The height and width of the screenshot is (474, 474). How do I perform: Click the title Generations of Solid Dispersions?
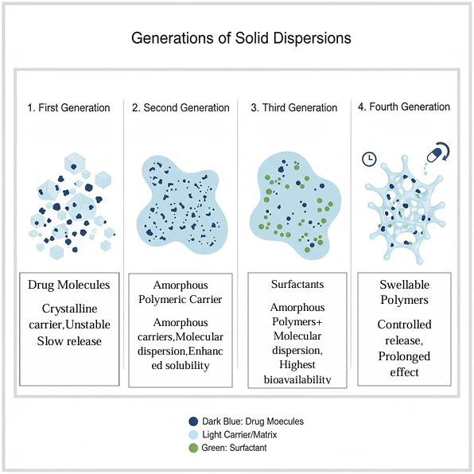(241, 38)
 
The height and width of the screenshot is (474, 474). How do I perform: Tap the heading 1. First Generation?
(68, 107)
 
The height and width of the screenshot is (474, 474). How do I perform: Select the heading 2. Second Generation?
(181, 107)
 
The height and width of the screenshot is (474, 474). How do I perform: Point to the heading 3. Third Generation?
(293, 107)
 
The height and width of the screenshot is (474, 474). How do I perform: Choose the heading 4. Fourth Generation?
(404, 107)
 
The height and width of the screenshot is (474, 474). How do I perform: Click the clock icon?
(369, 159)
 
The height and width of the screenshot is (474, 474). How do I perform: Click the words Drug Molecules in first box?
(69, 285)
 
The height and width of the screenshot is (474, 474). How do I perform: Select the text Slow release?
(69, 341)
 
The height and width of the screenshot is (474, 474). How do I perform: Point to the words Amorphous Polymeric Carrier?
(181, 292)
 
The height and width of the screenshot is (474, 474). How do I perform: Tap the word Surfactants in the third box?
(297, 284)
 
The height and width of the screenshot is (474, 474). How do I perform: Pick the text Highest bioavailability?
(297, 372)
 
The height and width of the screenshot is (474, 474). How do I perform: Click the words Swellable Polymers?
(405, 292)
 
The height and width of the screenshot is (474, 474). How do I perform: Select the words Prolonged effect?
(404, 364)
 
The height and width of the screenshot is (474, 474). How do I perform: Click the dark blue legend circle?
(193, 422)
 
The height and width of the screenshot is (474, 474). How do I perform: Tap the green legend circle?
(193, 448)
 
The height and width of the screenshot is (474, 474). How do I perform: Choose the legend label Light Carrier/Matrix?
(239, 435)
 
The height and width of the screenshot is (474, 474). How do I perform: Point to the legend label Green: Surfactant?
(235, 448)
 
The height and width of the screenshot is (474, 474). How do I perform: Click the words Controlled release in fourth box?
(404, 332)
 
